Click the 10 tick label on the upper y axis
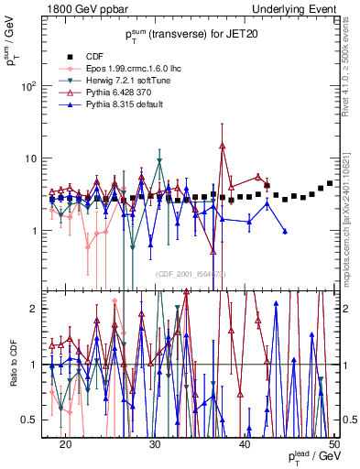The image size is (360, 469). pyautogui.click(x=38, y=158)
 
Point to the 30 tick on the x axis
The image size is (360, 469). pyautogui.click(x=155, y=443)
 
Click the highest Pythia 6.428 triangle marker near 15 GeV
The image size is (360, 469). pyautogui.click(x=222, y=145)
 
